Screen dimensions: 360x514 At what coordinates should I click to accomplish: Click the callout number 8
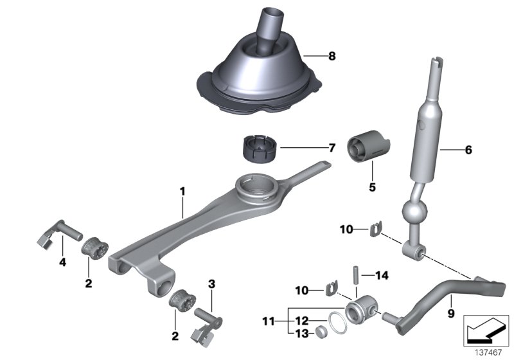click(x=331, y=56)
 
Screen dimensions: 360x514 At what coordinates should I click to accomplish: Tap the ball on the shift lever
click(x=412, y=212)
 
